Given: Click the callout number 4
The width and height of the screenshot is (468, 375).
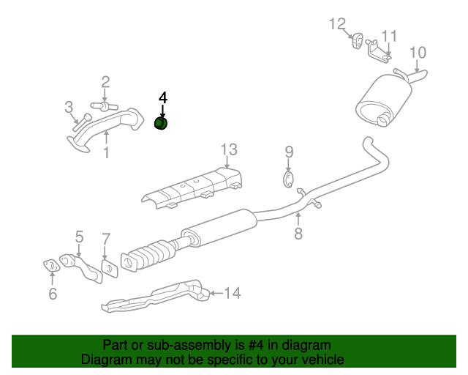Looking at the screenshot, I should [x=163, y=97].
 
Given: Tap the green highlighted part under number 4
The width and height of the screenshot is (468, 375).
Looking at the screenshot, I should [x=162, y=123].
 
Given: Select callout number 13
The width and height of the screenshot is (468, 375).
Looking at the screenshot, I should [x=229, y=150].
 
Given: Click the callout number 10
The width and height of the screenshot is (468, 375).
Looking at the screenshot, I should [x=417, y=52].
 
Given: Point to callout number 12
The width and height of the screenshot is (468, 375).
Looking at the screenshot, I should [x=336, y=24].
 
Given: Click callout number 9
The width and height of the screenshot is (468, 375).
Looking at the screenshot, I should [x=289, y=152].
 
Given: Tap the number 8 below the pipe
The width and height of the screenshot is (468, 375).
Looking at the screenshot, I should [x=298, y=234].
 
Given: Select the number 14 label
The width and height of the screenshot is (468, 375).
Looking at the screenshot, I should [x=232, y=294].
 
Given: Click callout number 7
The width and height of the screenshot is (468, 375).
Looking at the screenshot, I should [x=106, y=239].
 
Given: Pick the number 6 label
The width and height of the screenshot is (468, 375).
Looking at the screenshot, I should [x=52, y=294].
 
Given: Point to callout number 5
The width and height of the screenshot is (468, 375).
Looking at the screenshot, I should [x=79, y=236].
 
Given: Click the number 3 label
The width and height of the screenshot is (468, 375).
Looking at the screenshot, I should [x=69, y=108].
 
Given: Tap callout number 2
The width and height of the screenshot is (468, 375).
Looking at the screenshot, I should [x=105, y=82].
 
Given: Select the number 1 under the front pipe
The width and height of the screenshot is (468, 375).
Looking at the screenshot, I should [x=106, y=152].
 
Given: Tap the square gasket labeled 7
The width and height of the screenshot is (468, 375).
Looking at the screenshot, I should [x=108, y=269].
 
